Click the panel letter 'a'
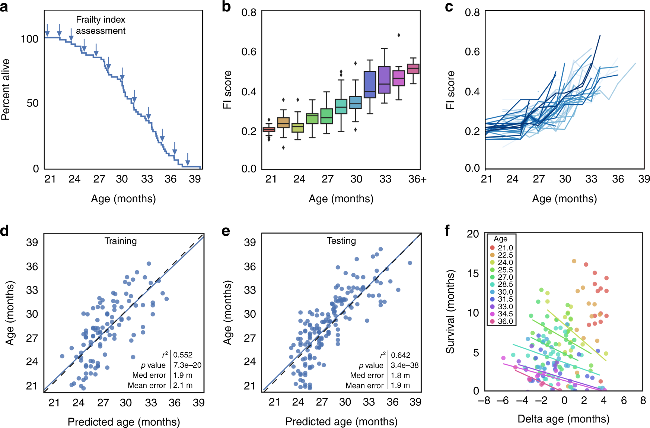click(4, 7)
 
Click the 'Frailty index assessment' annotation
click(101, 25)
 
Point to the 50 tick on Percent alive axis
click(32, 103)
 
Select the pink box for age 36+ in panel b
click(413, 69)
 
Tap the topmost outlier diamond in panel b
click(399, 35)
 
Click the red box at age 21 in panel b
click(269, 130)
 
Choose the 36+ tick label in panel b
click(417, 179)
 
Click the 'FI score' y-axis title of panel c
click(450, 90)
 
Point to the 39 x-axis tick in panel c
click(644, 179)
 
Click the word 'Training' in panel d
click(121, 241)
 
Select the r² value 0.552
click(183, 355)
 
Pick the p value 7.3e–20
click(187, 365)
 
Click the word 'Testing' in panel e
click(341, 241)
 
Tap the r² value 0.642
click(401, 355)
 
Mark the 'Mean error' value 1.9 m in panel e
click(400, 386)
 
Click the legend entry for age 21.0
click(501, 248)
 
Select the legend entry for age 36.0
click(501, 321)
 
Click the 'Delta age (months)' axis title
click(563, 419)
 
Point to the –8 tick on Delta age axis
click(484, 400)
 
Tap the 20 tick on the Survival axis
click(473, 234)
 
